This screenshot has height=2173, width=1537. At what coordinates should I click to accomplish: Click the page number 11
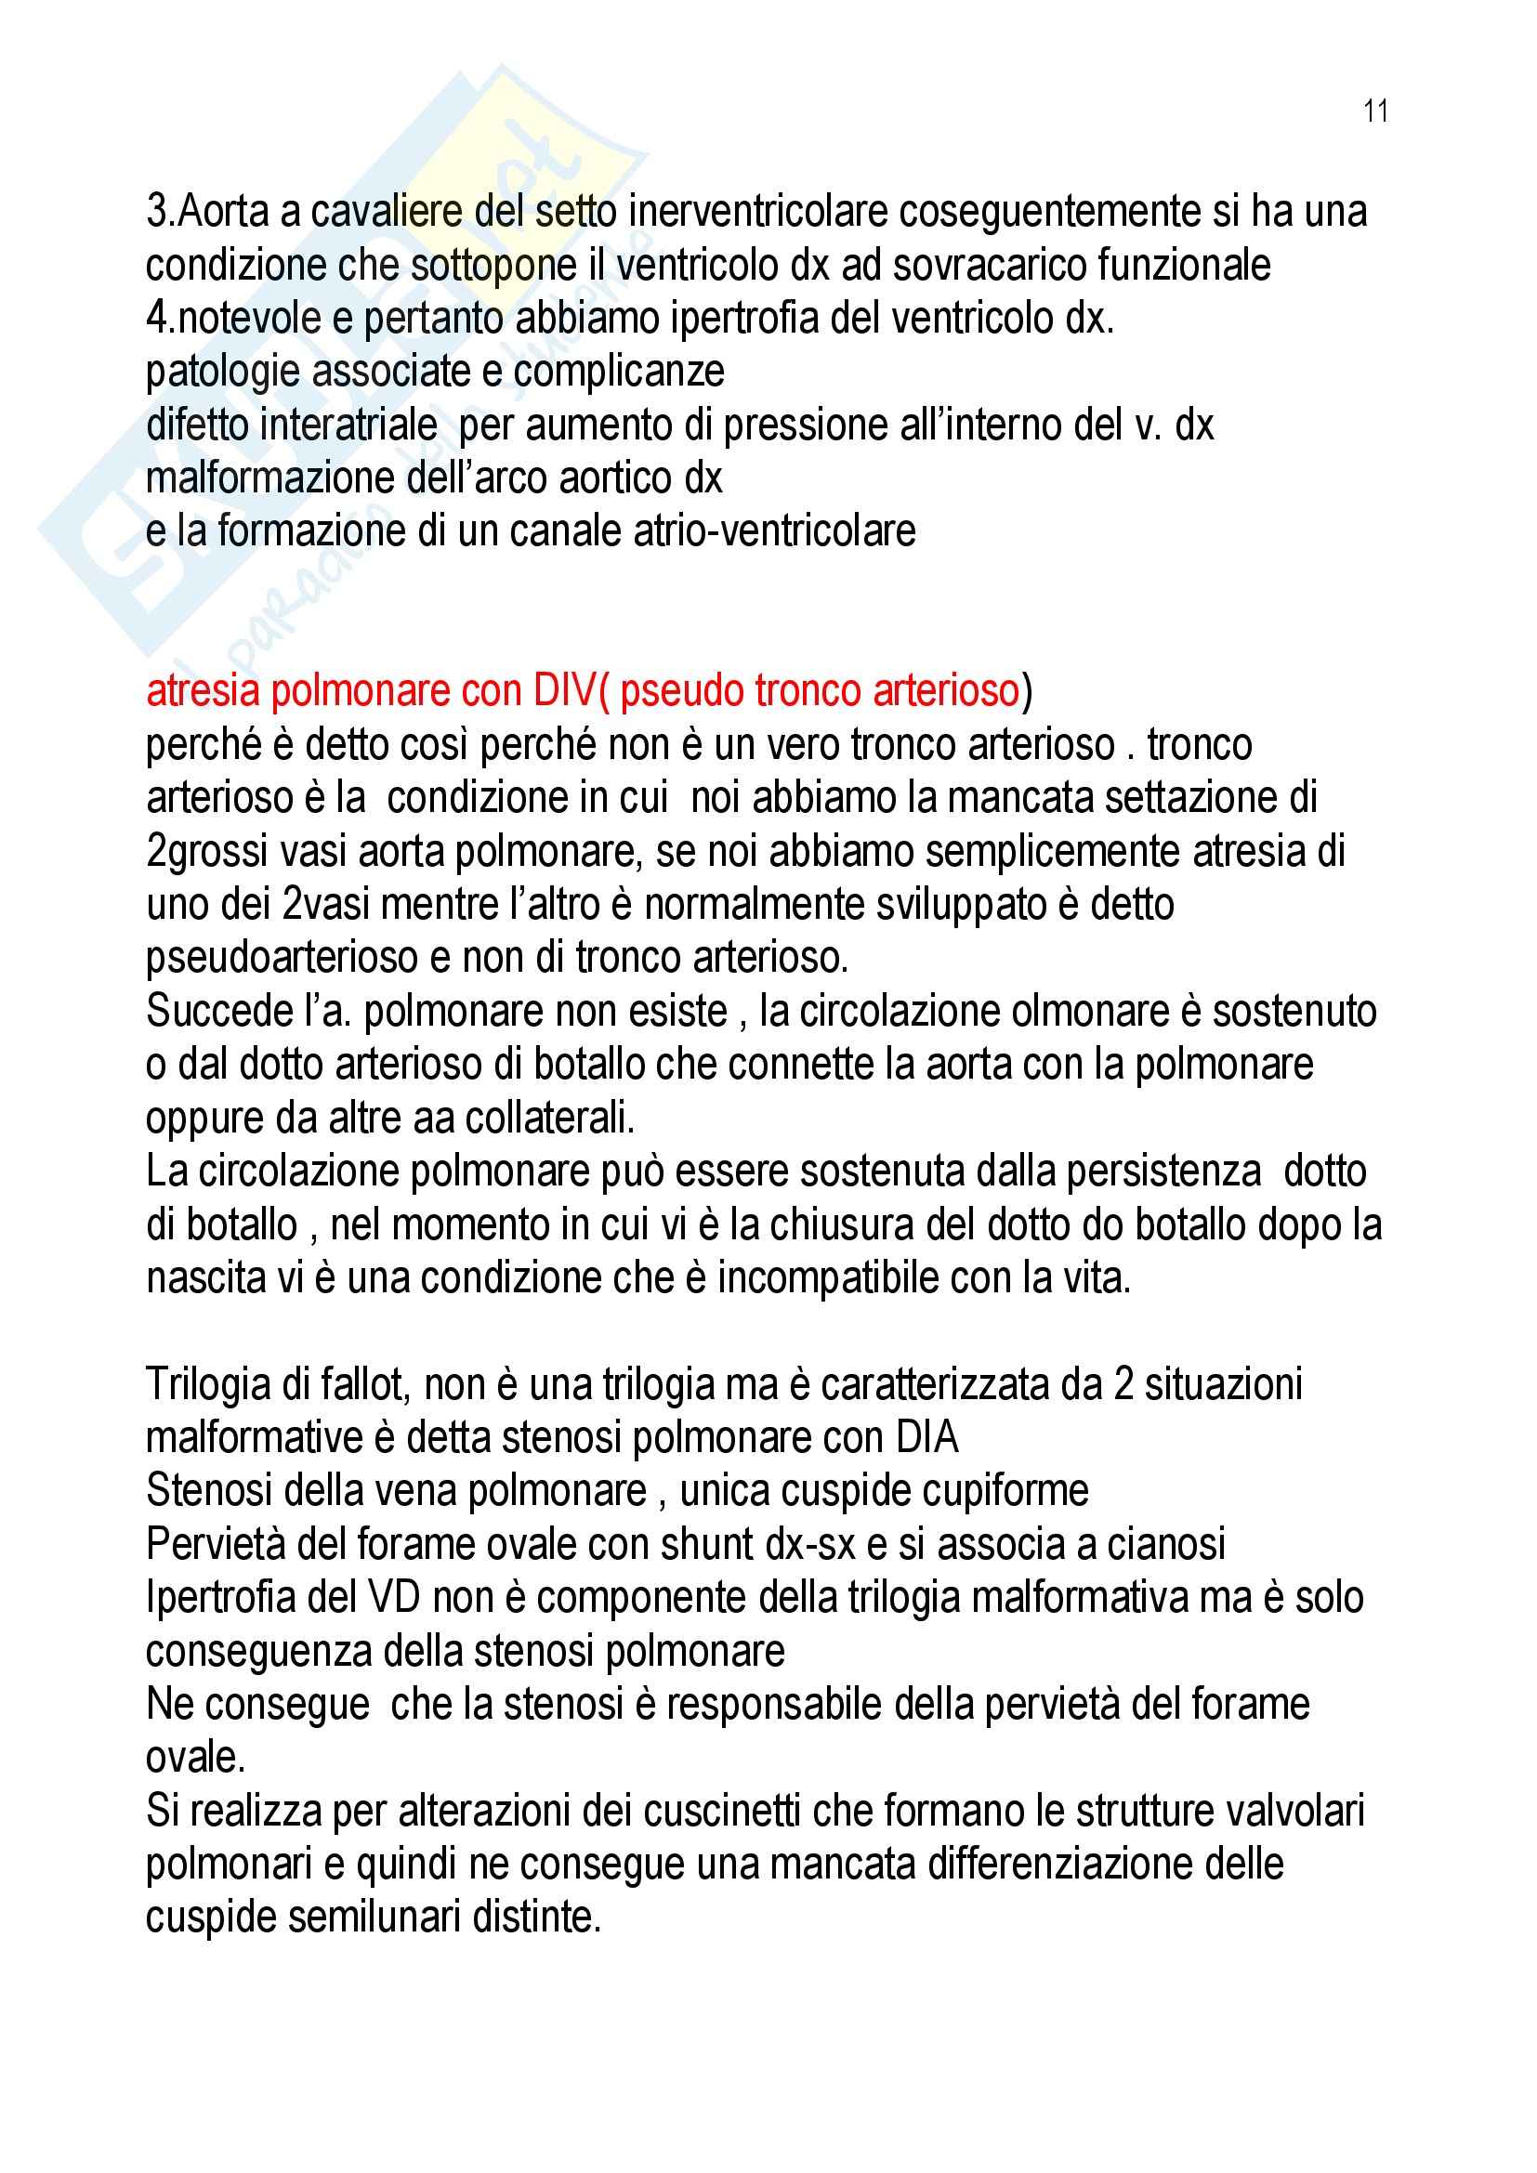coord(1375,111)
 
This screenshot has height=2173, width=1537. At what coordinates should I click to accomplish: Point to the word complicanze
coord(619,371)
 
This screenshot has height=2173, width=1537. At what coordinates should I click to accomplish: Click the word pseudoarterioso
coord(282,958)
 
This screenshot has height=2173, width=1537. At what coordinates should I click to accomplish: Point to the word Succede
coord(219,1012)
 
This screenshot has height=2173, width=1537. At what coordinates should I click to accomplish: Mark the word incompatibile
coord(855,1278)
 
